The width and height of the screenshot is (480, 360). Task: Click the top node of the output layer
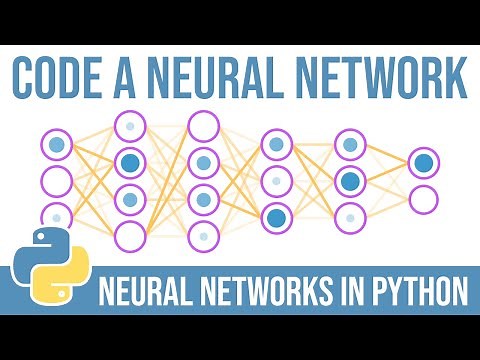tap(423, 163)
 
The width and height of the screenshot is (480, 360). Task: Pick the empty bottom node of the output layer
tap(423, 198)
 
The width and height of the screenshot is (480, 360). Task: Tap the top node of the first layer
tap(57, 146)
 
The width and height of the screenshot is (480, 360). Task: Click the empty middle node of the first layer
tap(57, 182)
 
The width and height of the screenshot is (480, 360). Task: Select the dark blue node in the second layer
tap(130, 162)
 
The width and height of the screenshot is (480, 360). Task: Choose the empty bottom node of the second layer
tap(130, 235)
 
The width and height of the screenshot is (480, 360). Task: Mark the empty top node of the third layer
tap(203, 125)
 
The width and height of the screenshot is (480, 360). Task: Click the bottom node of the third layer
tap(203, 236)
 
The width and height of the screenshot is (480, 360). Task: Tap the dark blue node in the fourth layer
tap(276, 216)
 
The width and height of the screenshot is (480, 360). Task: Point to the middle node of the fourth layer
tap(276, 181)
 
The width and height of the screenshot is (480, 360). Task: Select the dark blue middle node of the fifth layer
tap(349, 181)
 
